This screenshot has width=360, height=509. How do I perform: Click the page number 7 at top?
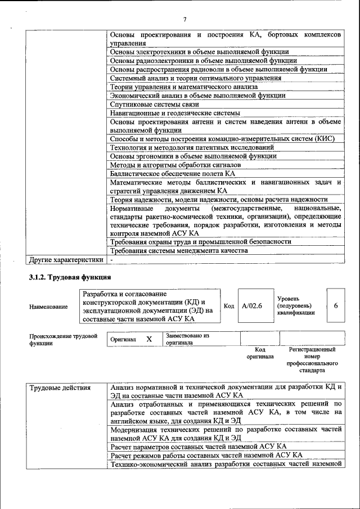point(184,20)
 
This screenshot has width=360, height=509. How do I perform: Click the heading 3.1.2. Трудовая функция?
point(70,277)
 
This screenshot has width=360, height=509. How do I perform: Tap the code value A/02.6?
point(252,305)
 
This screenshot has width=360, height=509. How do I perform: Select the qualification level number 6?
point(335,305)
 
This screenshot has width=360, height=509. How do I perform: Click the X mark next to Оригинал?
point(149,339)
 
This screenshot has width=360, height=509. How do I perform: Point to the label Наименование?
point(48,307)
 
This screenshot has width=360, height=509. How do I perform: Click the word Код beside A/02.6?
point(228,305)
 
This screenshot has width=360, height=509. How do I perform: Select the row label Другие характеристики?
point(66,260)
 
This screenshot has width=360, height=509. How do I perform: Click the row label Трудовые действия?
point(59,388)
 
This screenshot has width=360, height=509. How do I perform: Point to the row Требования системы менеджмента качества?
point(178,250)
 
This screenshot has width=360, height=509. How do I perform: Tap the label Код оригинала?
point(259,353)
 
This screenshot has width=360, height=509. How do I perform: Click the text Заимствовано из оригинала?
point(187,339)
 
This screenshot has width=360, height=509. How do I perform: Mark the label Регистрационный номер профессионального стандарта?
point(312,360)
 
